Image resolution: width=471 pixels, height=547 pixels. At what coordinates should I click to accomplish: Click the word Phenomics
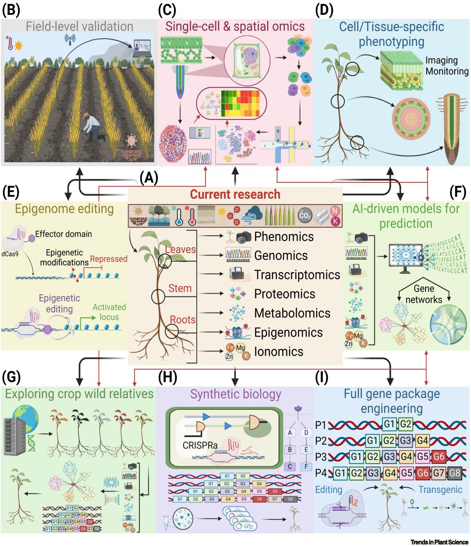click(284, 236)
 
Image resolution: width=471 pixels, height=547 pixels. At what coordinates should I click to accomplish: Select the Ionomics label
click(279, 351)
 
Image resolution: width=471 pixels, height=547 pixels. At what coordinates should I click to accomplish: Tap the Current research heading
click(235, 194)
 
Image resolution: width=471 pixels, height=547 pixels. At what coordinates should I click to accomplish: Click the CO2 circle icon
click(305, 215)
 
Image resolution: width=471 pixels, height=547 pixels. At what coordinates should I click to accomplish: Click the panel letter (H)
click(167, 377)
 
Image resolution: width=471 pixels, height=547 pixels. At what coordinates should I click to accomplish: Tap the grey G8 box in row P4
click(454, 472)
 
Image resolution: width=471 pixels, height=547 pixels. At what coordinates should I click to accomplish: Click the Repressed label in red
click(108, 259)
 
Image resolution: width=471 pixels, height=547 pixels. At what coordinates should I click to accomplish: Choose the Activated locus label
click(109, 312)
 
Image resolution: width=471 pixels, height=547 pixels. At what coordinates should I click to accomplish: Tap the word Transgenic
click(440, 490)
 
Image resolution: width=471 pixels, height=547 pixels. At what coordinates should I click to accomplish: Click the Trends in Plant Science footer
click(440, 542)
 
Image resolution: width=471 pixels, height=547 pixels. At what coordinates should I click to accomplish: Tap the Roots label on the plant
click(182, 320)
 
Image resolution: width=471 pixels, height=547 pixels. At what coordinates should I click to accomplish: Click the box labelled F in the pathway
click(306, 466)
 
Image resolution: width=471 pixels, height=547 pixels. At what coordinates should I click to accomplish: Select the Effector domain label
click(63, 234)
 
